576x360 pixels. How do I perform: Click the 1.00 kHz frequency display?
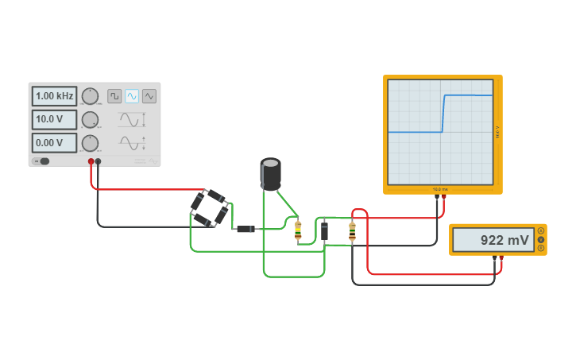pos(54,96)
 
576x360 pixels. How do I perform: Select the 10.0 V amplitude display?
pos(54,119)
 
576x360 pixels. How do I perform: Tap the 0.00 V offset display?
pos(54,143)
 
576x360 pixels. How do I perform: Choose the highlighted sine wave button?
pos(132,96)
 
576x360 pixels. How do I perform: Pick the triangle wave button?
pos(149,96)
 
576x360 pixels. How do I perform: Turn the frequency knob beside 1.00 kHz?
pos(91,96)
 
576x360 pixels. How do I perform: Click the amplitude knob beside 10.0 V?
pos(91,119)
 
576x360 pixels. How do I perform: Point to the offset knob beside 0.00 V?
pos(91,143)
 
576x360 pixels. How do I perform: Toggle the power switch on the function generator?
pos(41,161)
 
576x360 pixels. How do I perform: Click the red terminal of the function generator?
pos(91,161)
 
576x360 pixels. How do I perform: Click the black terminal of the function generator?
pos(98,161)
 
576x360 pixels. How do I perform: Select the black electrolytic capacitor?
pos(270,174)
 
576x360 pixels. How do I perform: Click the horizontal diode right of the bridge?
pos(245,229)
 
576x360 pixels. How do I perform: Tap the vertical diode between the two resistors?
pos(324,230)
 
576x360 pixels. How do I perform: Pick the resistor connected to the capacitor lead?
pos(298,230)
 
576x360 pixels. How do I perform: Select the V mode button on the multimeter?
pos(541,239)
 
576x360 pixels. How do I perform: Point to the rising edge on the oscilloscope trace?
pos(443,114)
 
